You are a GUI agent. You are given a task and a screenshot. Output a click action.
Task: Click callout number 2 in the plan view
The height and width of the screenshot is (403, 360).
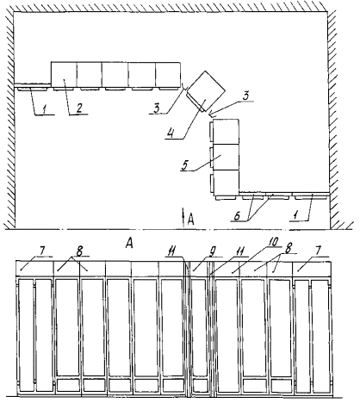[x=78, y=108]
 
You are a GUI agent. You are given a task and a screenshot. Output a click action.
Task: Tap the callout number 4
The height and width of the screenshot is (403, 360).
[x=171, y=133]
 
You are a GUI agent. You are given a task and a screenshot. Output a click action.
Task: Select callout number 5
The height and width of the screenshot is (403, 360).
[x=185, y=165]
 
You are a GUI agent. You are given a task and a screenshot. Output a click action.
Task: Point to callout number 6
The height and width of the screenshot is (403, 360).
[x=237, y=216]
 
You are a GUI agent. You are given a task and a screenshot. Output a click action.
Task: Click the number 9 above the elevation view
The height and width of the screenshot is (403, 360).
[x=213, y=252]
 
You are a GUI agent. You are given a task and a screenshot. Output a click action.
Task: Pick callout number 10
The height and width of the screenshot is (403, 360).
[x=273, y=243]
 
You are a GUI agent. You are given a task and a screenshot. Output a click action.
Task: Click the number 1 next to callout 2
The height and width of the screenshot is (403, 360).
[x=44, y=108]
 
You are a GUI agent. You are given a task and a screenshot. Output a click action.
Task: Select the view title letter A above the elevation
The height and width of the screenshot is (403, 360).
[x=130, y=244]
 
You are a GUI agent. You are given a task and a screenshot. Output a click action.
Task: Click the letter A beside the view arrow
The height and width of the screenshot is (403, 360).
[x=190, y=220]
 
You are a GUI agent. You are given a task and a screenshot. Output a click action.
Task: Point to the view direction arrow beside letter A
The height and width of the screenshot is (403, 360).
[x=183, y=217]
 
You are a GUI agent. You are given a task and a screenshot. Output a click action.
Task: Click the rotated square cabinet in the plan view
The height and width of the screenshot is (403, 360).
[x=206, y=90]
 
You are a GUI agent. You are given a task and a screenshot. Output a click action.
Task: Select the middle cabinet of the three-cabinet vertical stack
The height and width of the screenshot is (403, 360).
[x=227, y=157]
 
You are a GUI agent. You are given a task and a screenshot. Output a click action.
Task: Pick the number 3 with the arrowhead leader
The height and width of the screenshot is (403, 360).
[x=245, y=96]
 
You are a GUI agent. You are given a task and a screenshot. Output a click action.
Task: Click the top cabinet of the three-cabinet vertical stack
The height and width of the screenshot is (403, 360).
[x=227, y=132]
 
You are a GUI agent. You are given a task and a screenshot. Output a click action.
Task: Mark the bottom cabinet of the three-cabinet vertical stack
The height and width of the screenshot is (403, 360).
[x=227, y=181]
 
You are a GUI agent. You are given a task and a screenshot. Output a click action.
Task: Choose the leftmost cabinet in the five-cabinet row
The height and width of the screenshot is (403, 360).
[x=64, y=74]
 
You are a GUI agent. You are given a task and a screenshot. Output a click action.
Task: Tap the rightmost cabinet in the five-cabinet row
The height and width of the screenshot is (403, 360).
[x=168, y=74]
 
